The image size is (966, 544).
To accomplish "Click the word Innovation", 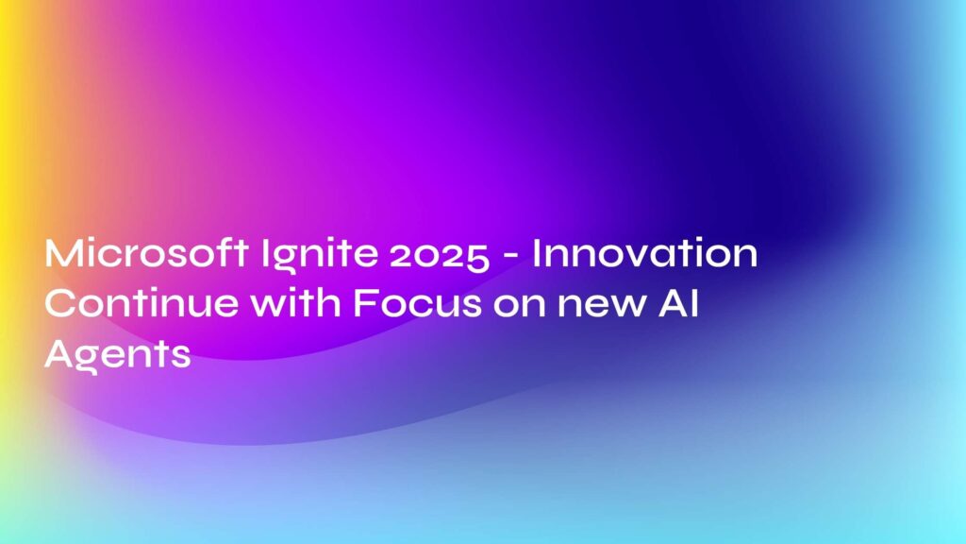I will [x=644, y=255].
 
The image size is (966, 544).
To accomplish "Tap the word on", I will [x=507, y=308].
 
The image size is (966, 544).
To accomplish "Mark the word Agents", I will [x=118, y=356].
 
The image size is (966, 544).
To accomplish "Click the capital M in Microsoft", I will [x=64, y=255].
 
